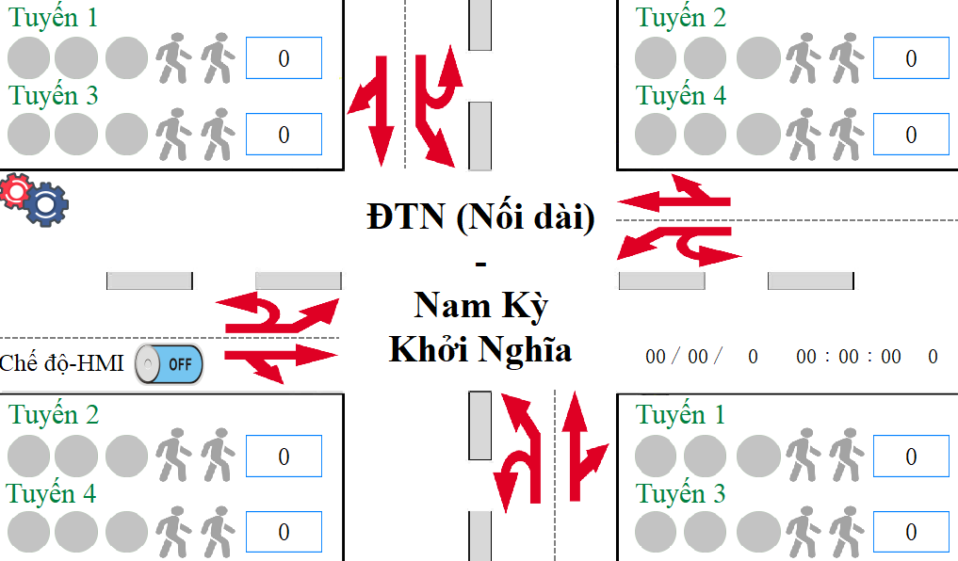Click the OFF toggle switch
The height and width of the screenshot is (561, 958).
tap(169, 364)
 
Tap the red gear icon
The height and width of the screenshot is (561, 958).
tap(16, 190)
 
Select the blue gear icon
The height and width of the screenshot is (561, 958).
tap(46, 204)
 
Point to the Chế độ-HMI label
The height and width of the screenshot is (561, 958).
tap(61, 363)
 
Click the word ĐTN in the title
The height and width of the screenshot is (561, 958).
tap(406, 216)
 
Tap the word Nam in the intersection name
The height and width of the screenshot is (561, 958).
tap(453, 305)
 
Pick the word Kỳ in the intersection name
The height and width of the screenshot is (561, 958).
tap(525, 307)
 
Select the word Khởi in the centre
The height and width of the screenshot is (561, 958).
tap(430, 349)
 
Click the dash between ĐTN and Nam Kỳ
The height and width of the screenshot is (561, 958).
tap(480, 264)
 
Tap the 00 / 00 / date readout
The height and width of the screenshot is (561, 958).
tap(684, 357)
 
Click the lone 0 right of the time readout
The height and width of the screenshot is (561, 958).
tap(933, 357)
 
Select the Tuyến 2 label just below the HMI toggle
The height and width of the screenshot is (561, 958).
tap(54, 415)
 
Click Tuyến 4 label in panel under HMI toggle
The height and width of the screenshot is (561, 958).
tap(51, 494)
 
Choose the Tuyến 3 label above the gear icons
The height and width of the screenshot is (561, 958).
tap(53, 96)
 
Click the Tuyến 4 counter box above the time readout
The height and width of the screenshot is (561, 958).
tap(911, 135)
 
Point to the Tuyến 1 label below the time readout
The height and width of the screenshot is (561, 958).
tap(680, 415)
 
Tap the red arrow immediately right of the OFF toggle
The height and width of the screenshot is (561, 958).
tap(281, 362)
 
